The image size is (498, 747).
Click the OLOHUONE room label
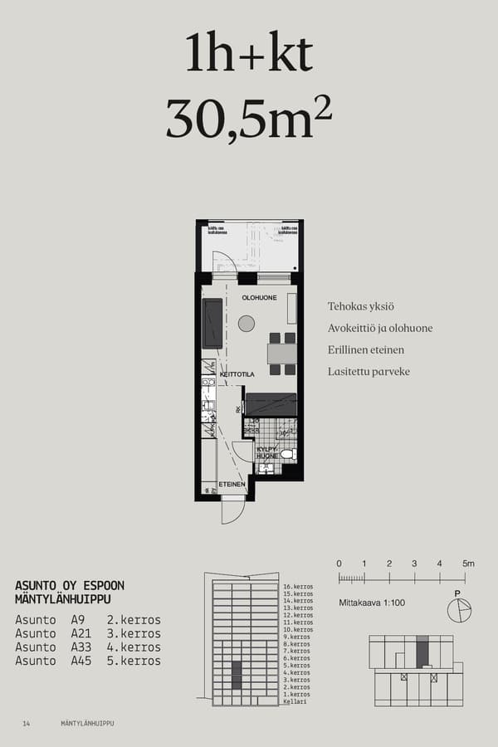(x=259, y=297)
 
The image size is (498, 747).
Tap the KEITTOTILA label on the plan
(x=237, y=375)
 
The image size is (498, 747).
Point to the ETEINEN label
(x=232, y=484)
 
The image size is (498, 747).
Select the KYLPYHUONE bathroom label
(x=266, y=452)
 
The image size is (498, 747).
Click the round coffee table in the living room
(x=247, y=324)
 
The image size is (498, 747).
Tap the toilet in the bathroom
(x=287, y=454)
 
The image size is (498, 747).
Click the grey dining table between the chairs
(x=282, y=354)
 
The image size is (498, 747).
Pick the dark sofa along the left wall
(x=213, y=323)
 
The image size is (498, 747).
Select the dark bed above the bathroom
(x=271, y=403)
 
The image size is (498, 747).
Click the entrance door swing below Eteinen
(x=232, y=510)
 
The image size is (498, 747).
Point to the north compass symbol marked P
(x=458, y=609)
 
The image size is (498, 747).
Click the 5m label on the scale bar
(x=468, y=564)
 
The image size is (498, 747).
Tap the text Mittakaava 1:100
(x=372, y=603)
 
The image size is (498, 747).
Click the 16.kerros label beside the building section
(x=297, y=587)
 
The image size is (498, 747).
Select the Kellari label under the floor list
(x=295, y=701)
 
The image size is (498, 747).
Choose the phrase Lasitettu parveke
(x=369, y=372)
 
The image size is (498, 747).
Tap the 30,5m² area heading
(x=249, y=119)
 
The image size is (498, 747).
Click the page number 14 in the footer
(x=27, y=724)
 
